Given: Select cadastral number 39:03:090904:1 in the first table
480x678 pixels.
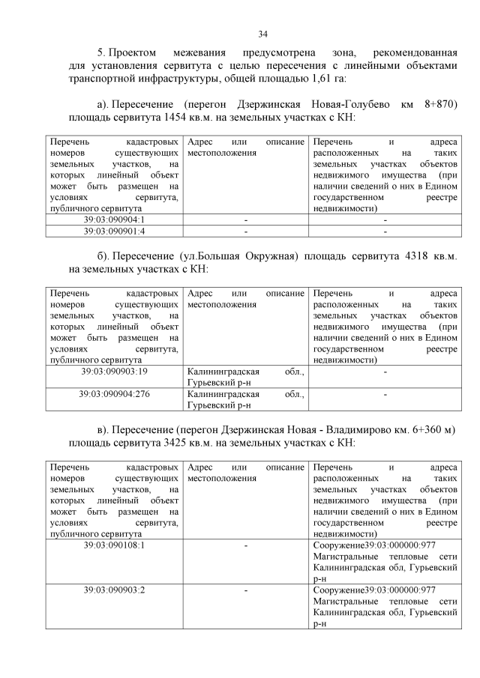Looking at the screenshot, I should [x=113, y=220].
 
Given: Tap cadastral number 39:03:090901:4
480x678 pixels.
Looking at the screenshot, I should [x=113, y=231].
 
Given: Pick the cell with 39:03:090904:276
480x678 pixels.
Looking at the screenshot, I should [x=113, y=393].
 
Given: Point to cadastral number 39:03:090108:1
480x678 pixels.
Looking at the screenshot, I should [x=113, y=545].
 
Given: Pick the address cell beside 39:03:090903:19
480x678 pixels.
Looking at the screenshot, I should [x=245, y=377].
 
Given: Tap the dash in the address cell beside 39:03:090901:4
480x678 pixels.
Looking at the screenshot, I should [x=245, y=231].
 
